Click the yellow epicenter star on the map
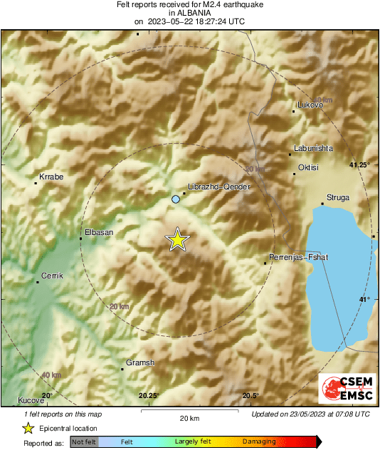(177, 241)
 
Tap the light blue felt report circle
(176, 200)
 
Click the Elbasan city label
(99, 232)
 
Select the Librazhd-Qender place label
(211, 185)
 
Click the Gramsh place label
(139, 363)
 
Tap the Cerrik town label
(52, 275)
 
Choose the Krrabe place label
(51, 176)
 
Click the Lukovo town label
(310, 105)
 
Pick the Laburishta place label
(312, 149)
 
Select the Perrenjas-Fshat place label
(298, 257)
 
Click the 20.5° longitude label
(250, 396)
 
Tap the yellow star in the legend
(28, 428)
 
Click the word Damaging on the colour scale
(258, 442)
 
